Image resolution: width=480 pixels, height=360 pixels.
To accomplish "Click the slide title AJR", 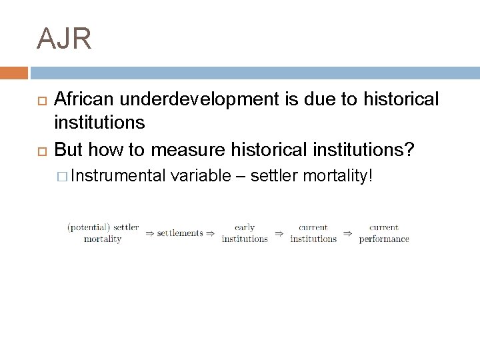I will [65, 39].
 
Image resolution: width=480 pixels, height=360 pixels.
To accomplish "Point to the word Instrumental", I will [118, 177].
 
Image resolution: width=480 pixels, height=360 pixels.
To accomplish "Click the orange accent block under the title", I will [14, 73].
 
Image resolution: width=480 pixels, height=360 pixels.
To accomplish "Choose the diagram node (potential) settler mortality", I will [103, 233].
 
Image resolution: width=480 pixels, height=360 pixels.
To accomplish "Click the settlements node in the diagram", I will [179, 233].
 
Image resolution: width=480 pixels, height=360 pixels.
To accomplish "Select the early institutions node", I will [245, 233].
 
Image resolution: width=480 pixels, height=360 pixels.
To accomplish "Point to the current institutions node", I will [313, 233].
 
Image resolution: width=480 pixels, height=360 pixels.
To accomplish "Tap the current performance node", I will [384, 233].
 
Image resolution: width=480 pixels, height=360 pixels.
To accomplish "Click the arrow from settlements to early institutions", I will [210, 233].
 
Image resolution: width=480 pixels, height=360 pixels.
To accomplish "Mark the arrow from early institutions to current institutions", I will [279, 233].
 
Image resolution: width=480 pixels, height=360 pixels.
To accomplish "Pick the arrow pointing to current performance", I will [348, 233].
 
